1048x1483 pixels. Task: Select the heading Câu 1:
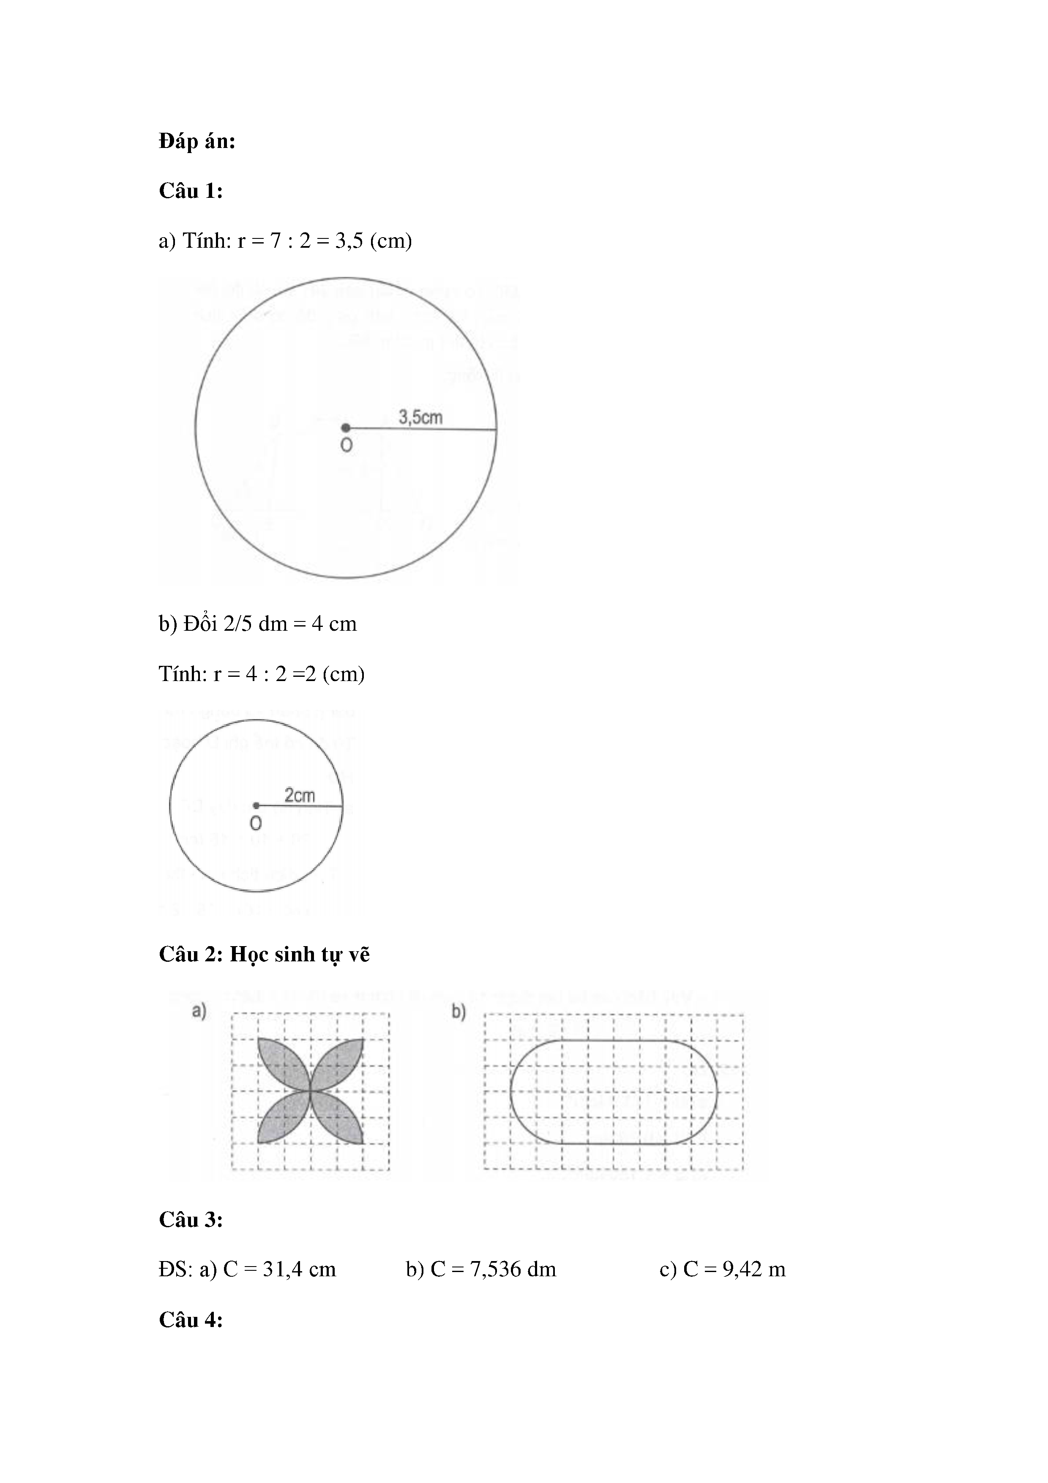click(191, 191)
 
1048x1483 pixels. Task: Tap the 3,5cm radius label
click(420, 417)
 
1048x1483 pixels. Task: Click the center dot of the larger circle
click(346, 427)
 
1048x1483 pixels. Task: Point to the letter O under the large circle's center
click(346, 446)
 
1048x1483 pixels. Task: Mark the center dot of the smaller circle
click(257, 805)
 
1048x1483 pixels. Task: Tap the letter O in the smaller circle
click(256, 824)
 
